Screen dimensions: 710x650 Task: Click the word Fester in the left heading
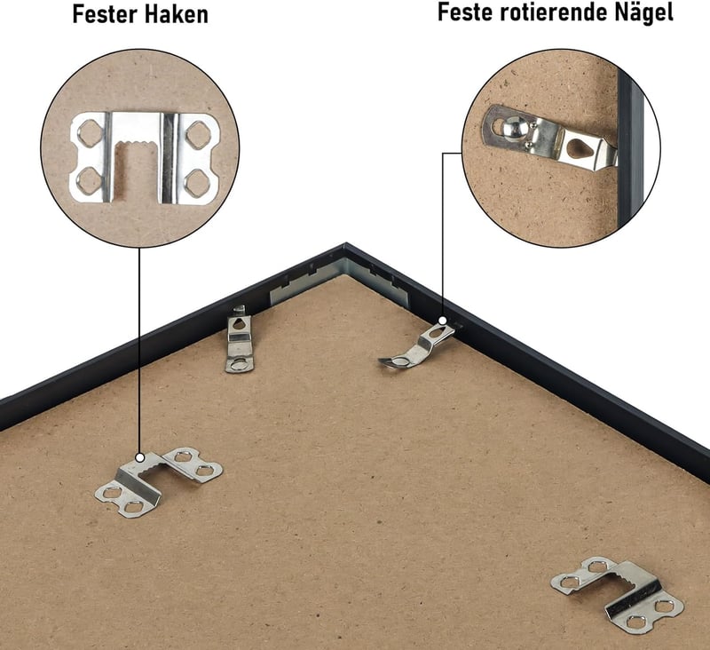[x=101, y=14]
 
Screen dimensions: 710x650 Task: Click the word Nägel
[x=643, y=12]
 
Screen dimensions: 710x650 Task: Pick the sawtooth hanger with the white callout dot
[x=159, y=480]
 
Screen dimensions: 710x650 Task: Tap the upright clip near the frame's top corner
[x=240, y=340]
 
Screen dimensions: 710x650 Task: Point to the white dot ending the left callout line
[x=140, y=457]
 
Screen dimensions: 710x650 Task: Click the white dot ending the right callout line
[x=443, y=321]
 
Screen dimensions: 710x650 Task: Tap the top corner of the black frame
[x=345, y=243]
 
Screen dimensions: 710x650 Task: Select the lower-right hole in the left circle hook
[x=196, y=183]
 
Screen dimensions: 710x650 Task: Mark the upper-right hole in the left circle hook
[x=198, y=135]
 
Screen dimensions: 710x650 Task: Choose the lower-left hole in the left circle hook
[x=88, y=181]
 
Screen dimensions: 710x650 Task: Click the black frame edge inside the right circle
[x=631, y=149]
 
